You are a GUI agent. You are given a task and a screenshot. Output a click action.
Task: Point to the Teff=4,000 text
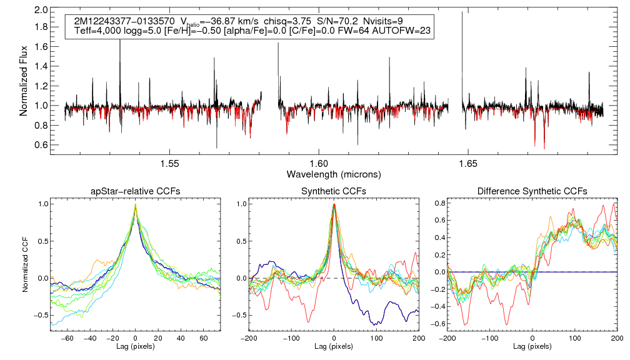point(97,31)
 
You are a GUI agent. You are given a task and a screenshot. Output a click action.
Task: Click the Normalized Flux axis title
point(24,76)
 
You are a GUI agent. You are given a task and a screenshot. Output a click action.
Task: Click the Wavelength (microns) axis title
point(334,174)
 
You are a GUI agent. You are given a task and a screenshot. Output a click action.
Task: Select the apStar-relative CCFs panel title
point(136,191)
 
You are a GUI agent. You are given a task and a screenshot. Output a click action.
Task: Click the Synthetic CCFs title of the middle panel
point(334,191)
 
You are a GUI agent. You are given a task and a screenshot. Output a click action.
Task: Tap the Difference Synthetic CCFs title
point(532,191)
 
